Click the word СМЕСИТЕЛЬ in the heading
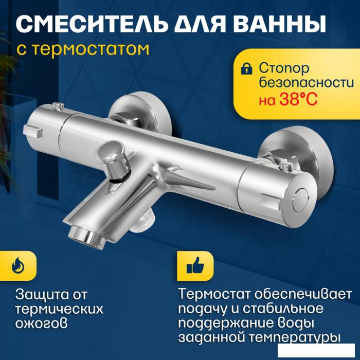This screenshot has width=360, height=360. point(92,24)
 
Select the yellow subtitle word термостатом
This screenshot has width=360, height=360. point(90,49)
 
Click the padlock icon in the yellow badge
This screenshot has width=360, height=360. point(246,68)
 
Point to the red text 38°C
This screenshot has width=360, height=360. point(298,99)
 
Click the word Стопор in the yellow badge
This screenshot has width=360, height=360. point(284,68)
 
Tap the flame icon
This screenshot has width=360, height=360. point(18,266)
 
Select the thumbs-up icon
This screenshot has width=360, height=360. point(195,266)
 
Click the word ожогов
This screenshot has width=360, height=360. point(41,323)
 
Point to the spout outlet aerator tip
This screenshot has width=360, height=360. point(87,238)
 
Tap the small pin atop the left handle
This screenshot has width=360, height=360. point(58,106)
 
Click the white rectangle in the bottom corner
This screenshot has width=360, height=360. point(318,351)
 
